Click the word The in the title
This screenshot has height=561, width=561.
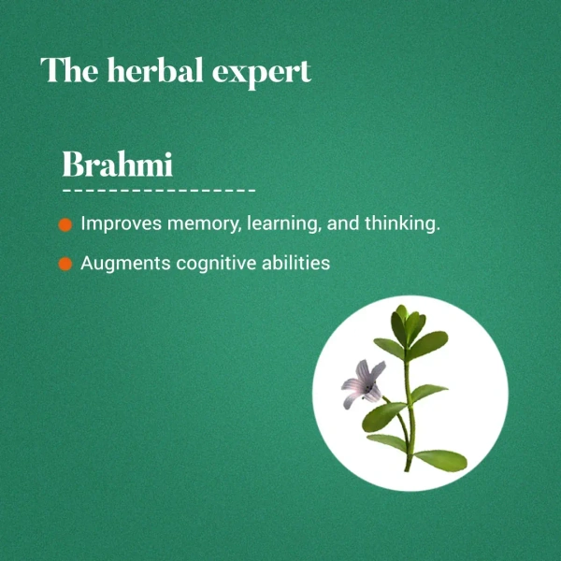(67, 71)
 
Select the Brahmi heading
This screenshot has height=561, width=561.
(117, 165)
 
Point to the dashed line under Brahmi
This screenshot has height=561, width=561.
(159, 191)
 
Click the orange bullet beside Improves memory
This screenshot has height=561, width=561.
(65, 226)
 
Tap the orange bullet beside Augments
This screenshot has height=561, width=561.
(65, 265)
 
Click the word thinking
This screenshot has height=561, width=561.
(400, 225)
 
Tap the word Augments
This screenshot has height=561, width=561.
(118, 264)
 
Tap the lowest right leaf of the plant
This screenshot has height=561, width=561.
(441, 459)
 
